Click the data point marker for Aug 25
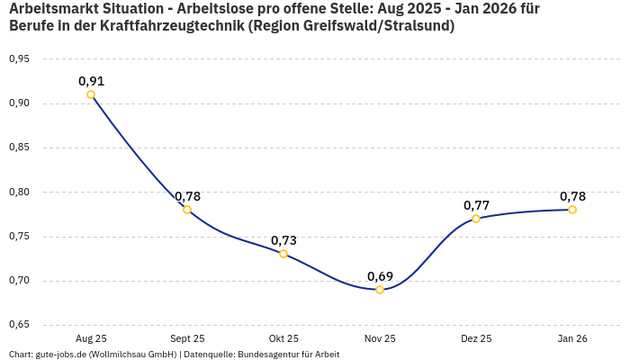click(91, 94)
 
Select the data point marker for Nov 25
click(380, 290)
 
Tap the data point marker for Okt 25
click(283, 254)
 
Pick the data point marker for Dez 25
click(476, 219)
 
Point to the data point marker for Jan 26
click(572, 210)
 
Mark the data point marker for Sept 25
click(187, 210)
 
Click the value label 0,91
click(91, 81)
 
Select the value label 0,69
click(380, 276)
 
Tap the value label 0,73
click(283, 240)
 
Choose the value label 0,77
click(476, 205)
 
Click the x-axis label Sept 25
click(187, 338)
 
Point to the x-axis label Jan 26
click(572, 338)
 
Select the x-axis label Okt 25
click(283, 338)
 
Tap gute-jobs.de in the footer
click(59, 354)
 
